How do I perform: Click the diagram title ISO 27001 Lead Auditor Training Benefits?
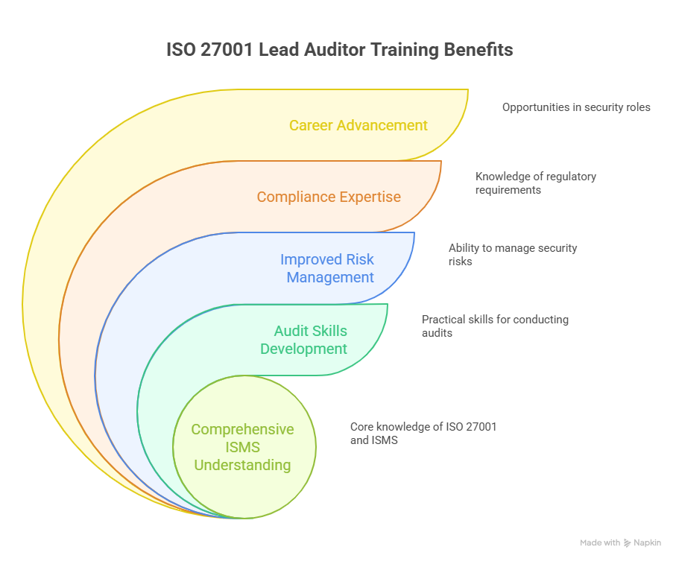(x=340, y=49)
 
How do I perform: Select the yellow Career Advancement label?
(x=358, y=125)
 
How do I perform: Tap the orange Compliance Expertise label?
(x=329, y=197)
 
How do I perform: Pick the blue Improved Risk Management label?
(x=327, y=268)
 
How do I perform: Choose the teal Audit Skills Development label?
(x=303, y=340)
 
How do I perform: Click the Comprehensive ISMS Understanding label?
(x=242, y=447)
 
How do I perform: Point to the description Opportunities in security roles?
(x=576, y=107)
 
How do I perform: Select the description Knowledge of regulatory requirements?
(x=536, y=183)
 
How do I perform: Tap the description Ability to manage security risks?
(x=513, y=255)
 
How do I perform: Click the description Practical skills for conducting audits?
(x=495, y=326)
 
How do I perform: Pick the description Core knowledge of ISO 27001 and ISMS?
(x=423, y=434)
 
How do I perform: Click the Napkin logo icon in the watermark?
(x=627, y=543)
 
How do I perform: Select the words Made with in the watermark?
(x=600, y=543)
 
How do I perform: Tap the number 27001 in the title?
(x=227, y=49)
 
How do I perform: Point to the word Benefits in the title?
(x=479, y=49)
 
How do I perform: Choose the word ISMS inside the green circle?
(x=242, y=447)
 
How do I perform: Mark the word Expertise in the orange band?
(x=370, y=197)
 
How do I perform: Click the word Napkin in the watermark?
(x=648, y=543)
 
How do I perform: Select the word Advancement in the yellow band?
(x=382, y=125)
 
